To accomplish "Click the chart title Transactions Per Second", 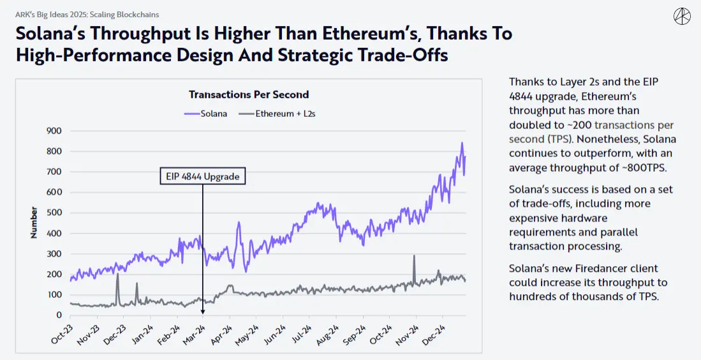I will coord(249,94).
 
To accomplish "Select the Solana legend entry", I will coord(208,114).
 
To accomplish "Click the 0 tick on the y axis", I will coord(59,315).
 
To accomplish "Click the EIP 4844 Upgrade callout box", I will coord(202,176).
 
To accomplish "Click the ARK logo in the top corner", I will coord(683,17).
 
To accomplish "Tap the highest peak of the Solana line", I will coord(462,143).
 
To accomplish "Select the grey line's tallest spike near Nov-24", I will coord(414,256).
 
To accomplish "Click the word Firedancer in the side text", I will coord(608,268).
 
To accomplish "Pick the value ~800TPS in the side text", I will coord(639,167).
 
